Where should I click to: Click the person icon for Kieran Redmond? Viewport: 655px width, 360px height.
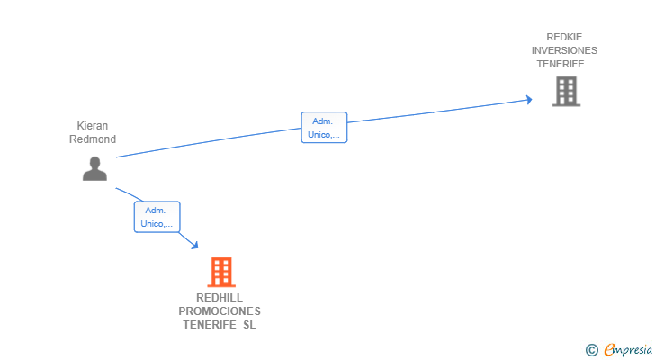[x=94, y=168]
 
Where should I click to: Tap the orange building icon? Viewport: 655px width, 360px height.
[x=221, y=272]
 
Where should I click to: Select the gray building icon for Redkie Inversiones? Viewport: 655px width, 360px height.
[x=566, y=91]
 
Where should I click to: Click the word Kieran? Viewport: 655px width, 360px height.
[x=93, y=126]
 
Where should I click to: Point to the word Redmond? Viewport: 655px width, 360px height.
[x=93, y=139]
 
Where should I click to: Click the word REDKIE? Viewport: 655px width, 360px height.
[x=564, y=37]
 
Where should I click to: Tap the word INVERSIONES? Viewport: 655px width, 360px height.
[x=564, y=50]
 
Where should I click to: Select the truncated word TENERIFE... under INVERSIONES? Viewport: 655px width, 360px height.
[x=564, y=64]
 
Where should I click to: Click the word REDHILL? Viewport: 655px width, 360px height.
[x=220, y=298]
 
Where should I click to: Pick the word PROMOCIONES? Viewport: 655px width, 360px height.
[x=220, y=311]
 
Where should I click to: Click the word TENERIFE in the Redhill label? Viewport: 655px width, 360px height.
[x=210, y=325]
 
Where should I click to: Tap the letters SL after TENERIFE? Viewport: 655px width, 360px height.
[x=249, y=325]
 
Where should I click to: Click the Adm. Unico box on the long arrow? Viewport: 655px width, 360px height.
[x=324, y=128]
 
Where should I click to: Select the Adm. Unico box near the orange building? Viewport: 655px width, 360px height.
[x=157, y=217]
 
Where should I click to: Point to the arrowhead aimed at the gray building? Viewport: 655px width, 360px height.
[x=529, y=100]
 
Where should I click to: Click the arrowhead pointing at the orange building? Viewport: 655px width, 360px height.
[x=194, y=246]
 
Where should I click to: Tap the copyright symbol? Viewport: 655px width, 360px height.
[x=591, y=350]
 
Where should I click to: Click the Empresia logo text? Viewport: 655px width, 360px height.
[x=628, y=350]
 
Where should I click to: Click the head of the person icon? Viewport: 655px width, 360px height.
[x=94, y=162]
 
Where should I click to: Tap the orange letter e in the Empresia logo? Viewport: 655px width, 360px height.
[x=610, y=350]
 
